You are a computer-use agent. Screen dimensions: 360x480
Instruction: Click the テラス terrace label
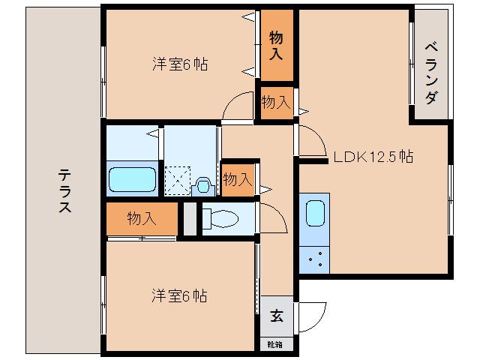(x=65, y=192)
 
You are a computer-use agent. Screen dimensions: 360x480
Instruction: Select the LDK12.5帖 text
(x=373, y=157)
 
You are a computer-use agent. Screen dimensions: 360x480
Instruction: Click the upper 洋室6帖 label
(x=180, y=64)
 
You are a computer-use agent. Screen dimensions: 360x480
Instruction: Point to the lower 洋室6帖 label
(x=180, y=295)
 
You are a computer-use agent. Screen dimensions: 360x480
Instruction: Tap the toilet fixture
(x=220, y=220)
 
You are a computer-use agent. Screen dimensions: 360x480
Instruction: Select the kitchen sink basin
(x=314, y=213)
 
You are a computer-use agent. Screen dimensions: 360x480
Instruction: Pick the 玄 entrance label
(x=277, y=316)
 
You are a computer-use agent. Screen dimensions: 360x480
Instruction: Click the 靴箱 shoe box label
(x=275, y=344)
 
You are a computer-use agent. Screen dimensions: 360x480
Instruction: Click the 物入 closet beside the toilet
(x=142, y=219)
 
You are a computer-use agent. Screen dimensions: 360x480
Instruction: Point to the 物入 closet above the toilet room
(x=237, y=179)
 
